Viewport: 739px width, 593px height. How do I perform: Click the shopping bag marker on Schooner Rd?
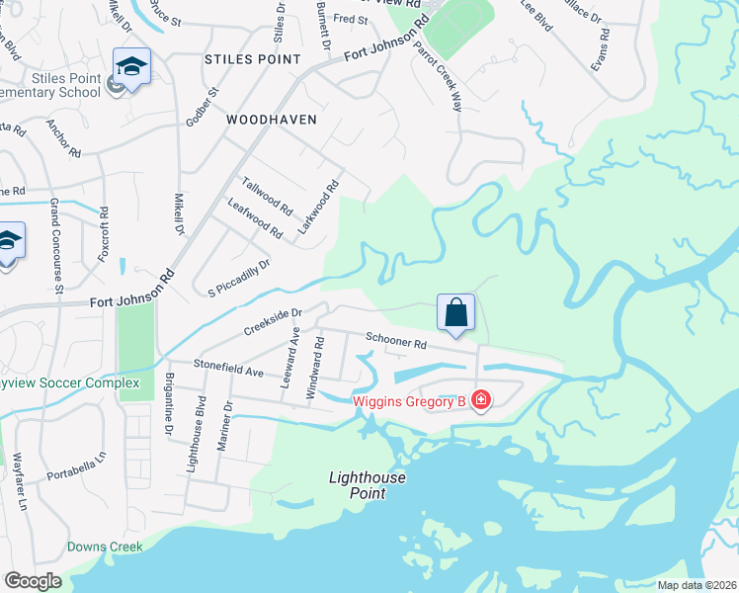point(455,313)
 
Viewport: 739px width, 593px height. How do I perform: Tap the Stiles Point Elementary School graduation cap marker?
point(131,67)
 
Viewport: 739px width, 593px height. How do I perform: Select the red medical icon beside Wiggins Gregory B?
point(481,399)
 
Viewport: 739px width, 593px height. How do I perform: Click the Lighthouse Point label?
point(368,484)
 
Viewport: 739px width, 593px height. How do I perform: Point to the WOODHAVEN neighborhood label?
point(272,119)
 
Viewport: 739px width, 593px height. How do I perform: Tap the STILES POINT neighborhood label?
point(252,59)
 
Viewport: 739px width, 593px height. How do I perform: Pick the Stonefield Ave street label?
point(228,370)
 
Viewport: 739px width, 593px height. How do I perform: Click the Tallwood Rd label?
point(268,196)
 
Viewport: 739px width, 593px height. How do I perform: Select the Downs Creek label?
point(105,547)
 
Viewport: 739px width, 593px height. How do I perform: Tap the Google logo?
point(33,581)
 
